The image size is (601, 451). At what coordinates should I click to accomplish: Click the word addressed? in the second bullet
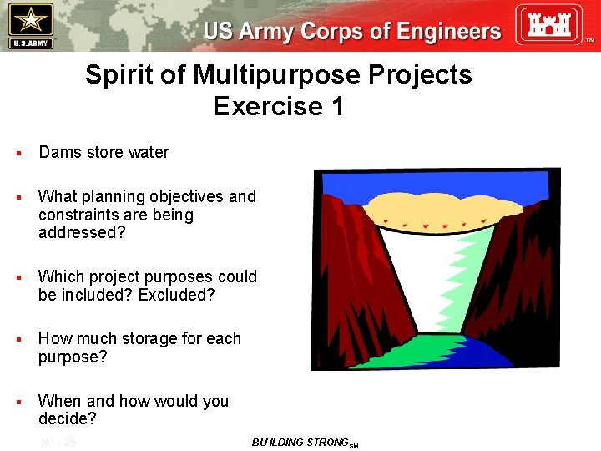(82, 233)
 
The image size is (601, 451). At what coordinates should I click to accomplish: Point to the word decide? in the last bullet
(68, 418)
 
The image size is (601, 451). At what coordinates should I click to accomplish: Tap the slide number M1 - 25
(58, 442)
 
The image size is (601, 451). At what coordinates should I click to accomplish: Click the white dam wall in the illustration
(426, 267)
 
